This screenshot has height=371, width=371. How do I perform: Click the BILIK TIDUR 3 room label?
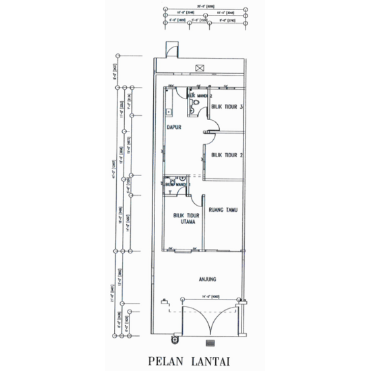click(x=227, y=107)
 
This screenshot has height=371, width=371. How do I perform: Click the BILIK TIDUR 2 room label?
click(x=227, y=155)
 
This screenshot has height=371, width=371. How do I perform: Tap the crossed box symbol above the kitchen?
click(x=200, y=67)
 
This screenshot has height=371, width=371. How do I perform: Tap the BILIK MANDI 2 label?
click(x=200, y=96)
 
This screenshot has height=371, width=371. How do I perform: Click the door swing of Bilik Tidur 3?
click(x=212, y=125)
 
